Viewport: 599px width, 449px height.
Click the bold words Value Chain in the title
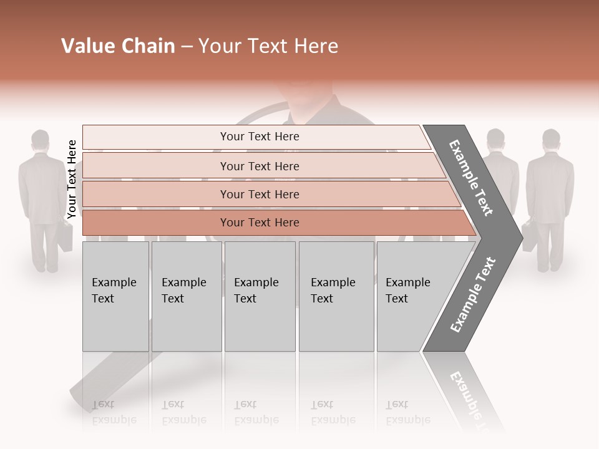(118, 46)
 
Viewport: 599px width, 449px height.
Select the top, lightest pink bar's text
(260, 137)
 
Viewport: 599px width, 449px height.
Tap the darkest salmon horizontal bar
(260, 223)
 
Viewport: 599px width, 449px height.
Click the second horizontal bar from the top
(260, 167)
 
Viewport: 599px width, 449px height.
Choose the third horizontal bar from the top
(260, 195)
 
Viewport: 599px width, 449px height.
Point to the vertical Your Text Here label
(72, 179)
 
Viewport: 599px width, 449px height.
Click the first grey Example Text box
(115, 296)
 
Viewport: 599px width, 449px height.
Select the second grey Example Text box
(186, 296)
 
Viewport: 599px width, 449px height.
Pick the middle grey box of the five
(260, 296)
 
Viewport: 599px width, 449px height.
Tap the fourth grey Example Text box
(336, 296)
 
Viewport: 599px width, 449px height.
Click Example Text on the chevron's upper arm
(471, 178)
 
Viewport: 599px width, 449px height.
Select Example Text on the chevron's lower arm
(473, 294)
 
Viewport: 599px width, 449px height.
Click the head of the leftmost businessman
(41, 140)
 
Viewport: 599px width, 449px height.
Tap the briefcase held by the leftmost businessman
(67, 236)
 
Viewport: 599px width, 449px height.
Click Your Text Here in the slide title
(268, 46)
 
